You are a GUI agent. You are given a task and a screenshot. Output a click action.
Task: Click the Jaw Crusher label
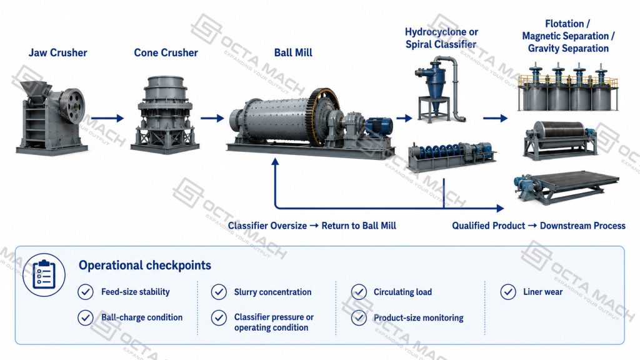(x=57, y=52)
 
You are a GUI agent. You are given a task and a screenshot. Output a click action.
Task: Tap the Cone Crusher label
(x=166, y=52)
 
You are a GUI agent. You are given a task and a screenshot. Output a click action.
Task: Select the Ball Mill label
(x=293, y=52)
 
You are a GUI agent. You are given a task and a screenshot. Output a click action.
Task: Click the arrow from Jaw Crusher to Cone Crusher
(x=107, y=118)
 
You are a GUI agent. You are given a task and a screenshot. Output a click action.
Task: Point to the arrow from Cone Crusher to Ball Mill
(x=212, y=118)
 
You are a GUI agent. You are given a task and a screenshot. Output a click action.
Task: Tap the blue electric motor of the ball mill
(x=378, y=126)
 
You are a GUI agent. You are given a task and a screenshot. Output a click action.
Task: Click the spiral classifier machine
(x=451, y=156)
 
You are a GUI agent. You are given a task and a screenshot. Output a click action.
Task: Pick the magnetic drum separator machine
(x=561, y=139)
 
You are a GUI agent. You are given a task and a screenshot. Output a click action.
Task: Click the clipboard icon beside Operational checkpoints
(x=44, y=274)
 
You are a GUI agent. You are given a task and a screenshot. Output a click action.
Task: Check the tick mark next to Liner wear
(x=508, y=292)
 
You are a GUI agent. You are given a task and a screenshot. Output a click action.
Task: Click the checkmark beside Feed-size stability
(x=85, y=292)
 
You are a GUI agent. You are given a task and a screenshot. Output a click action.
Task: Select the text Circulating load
(x=402, y=292)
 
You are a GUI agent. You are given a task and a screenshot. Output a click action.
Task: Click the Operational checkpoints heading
(x=145, y=265)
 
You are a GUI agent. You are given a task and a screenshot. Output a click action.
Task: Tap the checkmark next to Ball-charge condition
(x=85, y=317)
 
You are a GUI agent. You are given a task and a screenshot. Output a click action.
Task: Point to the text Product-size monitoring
(x=418, y=317)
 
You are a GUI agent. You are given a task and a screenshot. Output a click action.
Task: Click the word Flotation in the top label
(x=564, y=24)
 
